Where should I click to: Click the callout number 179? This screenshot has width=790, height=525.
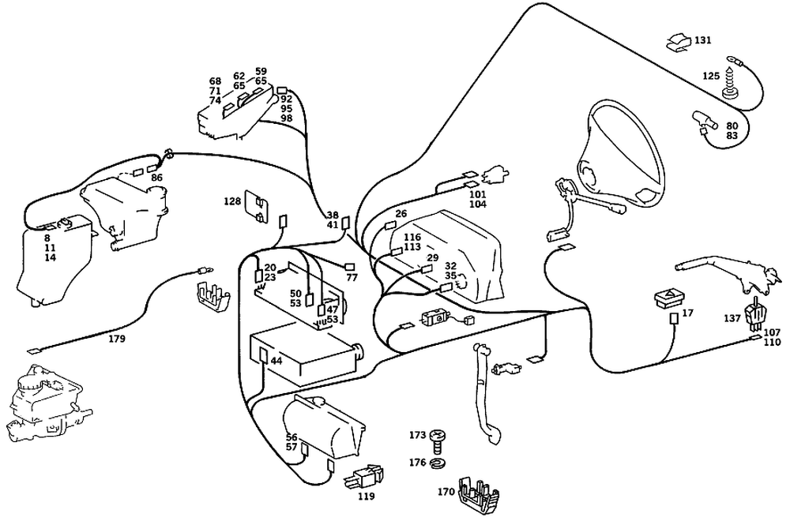click(117, 339)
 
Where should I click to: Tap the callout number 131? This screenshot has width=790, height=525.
click(703, 39)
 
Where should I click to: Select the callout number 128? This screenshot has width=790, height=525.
click(232, 201)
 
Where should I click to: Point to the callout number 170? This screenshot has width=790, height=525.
click(446, 492)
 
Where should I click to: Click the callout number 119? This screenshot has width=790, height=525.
click(367, 497)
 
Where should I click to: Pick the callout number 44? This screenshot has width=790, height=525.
click(276, 361)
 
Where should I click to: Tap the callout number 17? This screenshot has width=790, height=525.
click(688, 313)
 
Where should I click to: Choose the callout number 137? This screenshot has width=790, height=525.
click(732, 318)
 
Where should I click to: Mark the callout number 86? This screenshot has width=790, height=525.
click(156, 178)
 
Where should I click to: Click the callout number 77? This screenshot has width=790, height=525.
click(352, 277)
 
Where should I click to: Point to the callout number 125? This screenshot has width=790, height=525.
click(711, 76)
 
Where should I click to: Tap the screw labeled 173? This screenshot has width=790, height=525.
click(438, 441)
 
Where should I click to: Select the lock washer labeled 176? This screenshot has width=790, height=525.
click(438, 462)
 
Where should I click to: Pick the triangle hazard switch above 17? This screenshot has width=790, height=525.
click(668, 298)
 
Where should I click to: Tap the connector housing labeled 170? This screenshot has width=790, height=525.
click(480, 496)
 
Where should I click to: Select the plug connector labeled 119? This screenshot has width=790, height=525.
click(364, 476)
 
